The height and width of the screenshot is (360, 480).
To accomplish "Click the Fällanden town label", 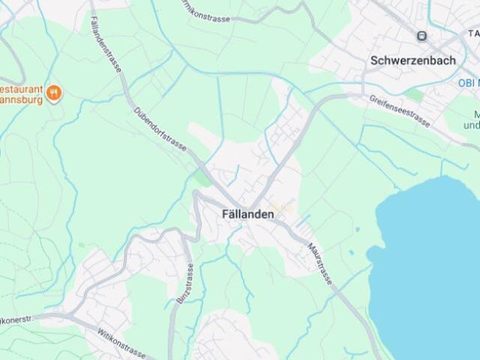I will coord(247,214).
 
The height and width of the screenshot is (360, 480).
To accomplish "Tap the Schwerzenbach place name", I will coord(412,61).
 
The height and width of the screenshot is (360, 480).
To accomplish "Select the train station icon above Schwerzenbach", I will coord(422,35).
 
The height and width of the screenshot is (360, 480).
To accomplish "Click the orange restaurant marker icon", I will coord(53,92).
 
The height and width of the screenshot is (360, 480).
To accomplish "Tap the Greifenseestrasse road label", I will coord(400,110).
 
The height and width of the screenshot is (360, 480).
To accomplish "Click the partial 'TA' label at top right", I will coord(472,34).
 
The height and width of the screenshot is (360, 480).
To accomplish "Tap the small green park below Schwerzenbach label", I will coord(415,95).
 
